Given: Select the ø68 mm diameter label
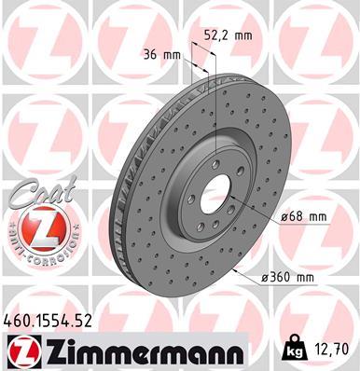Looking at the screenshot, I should pos(303,217).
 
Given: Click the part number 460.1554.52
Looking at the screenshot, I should pos(49,322).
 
